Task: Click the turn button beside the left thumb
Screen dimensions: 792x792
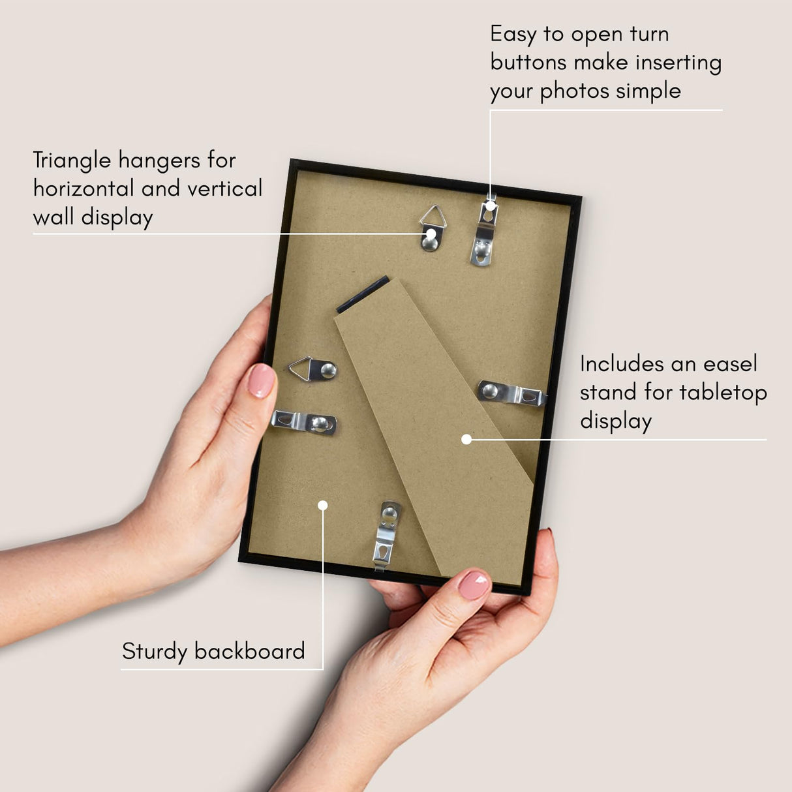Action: [x=304, y=422]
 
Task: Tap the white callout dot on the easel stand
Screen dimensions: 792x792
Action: [x=466, y=440]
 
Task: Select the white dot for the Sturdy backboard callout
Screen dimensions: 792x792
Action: [x=322, y=505]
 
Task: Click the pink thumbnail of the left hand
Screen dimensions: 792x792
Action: [x=261, y=380]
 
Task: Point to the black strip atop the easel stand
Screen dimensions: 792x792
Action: [x=362, y=294]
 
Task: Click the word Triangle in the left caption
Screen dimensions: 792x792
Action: [x=72, y=160]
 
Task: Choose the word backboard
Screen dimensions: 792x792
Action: [x=249, y=651]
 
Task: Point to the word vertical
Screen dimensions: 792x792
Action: [x=224, y=189]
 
